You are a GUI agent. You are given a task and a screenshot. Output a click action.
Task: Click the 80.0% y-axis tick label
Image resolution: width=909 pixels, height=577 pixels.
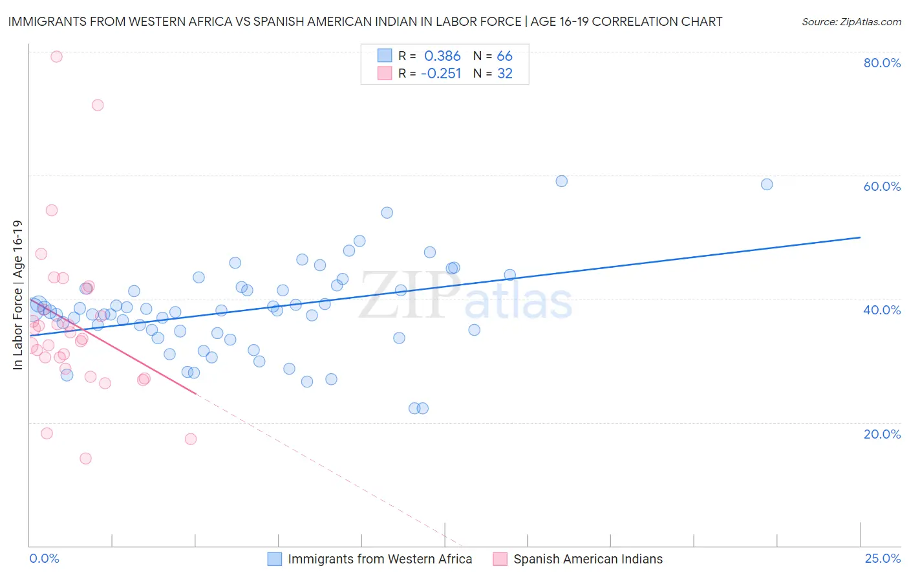pyautogui.click(x=882, y=63)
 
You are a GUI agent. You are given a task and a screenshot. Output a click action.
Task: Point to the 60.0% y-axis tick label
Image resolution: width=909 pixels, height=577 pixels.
pyautogui.click(x=882, y=186)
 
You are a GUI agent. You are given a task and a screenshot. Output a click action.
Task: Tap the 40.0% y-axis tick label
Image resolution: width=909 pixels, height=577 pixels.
pyautogui.click(x=882, y=310)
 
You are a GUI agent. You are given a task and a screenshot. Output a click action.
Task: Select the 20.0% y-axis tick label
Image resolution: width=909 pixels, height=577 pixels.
pyautogui.click(x=882, y=434)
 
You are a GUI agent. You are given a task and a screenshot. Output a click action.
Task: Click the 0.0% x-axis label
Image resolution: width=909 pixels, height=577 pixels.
pyautogui.click(x=44, y=559)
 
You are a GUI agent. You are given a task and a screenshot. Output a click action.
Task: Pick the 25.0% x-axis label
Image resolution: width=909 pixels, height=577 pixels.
pyautogui.click(x=882, y=559)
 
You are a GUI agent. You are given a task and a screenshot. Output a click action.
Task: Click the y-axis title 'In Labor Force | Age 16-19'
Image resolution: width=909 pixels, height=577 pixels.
pyautogui.click(x=17, y=295)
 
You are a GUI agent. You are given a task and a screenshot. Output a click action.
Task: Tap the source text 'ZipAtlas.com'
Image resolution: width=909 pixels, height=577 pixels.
pyautogui.click(x=870, y=22)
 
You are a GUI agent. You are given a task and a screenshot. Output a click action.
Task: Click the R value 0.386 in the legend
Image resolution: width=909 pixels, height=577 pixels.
pyautogui.click(x=442, y=56)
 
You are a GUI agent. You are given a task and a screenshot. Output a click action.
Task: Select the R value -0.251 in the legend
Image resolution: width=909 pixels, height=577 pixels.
pyautogui.click(x=441, y=74)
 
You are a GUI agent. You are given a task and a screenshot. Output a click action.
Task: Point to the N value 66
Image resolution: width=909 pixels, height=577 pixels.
pyautogui.click(x=504, y=56)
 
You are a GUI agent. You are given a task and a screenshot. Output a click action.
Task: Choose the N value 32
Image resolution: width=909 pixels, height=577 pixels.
pyautogui.click(x=504, y=74)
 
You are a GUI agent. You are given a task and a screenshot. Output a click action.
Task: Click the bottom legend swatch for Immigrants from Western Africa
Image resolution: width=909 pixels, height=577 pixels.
pyautogui.click(x=275, y=559)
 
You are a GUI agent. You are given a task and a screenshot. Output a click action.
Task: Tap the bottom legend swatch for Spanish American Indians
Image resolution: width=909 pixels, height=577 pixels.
pyautogui.click(x=500, y=559)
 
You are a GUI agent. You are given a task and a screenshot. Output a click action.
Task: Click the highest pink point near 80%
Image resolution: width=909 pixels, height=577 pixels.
pyautogui.click(x=56, y=56)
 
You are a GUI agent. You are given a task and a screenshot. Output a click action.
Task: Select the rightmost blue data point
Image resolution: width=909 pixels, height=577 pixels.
pyautogui.click(x=767, y=184)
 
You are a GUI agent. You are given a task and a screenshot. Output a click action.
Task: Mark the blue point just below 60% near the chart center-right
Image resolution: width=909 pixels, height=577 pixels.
pyautogui.click(x=562, y=181)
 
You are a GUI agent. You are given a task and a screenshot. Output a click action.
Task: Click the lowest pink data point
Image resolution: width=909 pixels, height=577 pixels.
pyautogui.click(x=85, y=459)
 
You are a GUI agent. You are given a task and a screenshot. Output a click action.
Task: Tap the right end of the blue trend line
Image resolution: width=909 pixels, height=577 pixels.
pyautogui.click(x=860, y=237)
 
